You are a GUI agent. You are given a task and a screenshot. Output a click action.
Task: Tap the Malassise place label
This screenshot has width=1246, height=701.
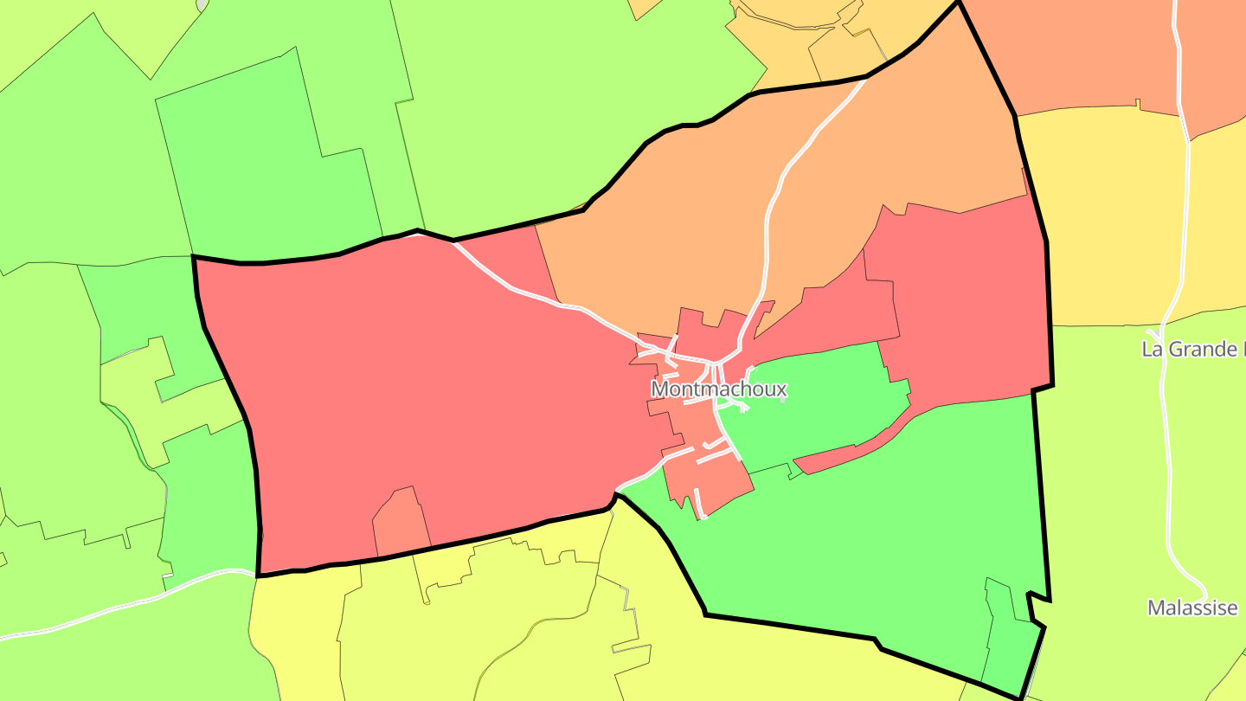coord(1192,608)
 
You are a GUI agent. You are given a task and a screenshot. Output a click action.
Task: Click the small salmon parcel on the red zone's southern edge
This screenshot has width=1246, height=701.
coord(401,524)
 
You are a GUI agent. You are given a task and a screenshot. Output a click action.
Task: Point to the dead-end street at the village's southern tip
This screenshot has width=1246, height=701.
coord(699,505)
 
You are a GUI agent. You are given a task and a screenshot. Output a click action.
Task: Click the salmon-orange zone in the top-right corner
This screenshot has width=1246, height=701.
coord(1090,52)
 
